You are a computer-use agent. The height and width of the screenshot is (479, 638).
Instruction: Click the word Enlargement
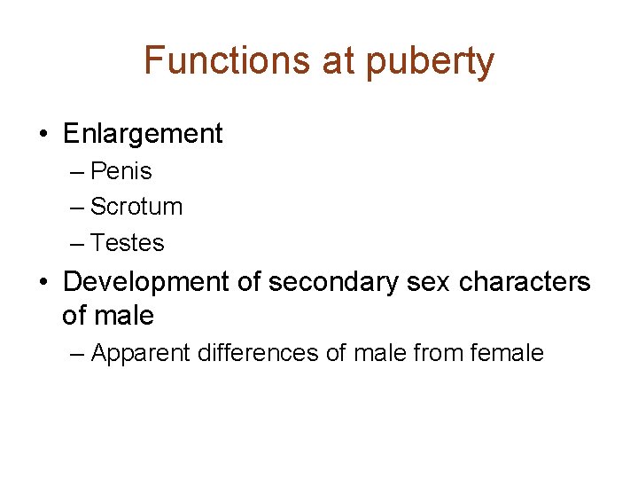143,134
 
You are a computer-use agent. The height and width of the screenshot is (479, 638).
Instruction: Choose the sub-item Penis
121,171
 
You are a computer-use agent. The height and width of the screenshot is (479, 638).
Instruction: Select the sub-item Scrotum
136,207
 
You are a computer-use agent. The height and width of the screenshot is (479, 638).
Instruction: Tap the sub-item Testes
128,242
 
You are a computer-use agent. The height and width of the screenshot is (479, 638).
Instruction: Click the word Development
145,282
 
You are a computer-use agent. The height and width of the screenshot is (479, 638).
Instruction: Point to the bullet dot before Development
43,283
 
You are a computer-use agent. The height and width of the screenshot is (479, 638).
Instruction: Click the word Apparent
140,354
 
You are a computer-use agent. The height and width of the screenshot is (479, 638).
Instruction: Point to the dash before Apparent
77,354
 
